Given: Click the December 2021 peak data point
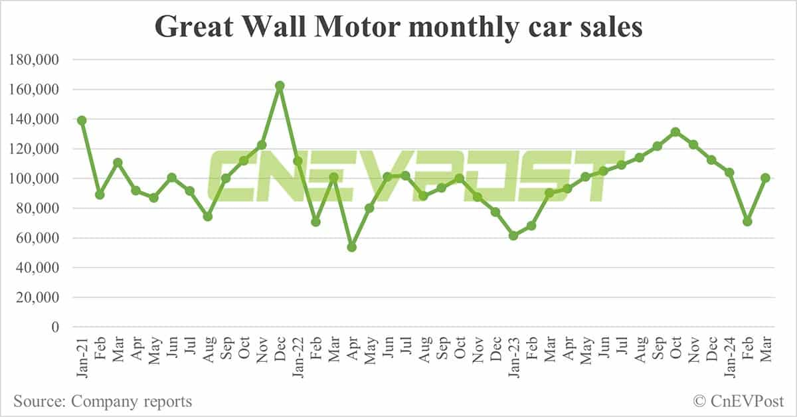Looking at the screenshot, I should (280, 86).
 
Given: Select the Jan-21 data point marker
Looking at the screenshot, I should (82, 120).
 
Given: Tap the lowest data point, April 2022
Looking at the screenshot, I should (352, 247).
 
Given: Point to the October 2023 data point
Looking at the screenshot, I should (675, 132).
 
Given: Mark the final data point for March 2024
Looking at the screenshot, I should (765, 178).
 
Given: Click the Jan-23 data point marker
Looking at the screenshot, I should (513, 236).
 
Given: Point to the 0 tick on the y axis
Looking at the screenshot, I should (56, 327).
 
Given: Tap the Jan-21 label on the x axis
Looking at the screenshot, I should (82, 356).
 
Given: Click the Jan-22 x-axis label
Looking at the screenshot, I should (298, 356).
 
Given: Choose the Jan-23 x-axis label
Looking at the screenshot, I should (513, 356).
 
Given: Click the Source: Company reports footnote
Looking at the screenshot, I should (103, 401).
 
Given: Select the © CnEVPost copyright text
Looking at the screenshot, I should (739, 401).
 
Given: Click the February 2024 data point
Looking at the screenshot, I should (747, 221).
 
